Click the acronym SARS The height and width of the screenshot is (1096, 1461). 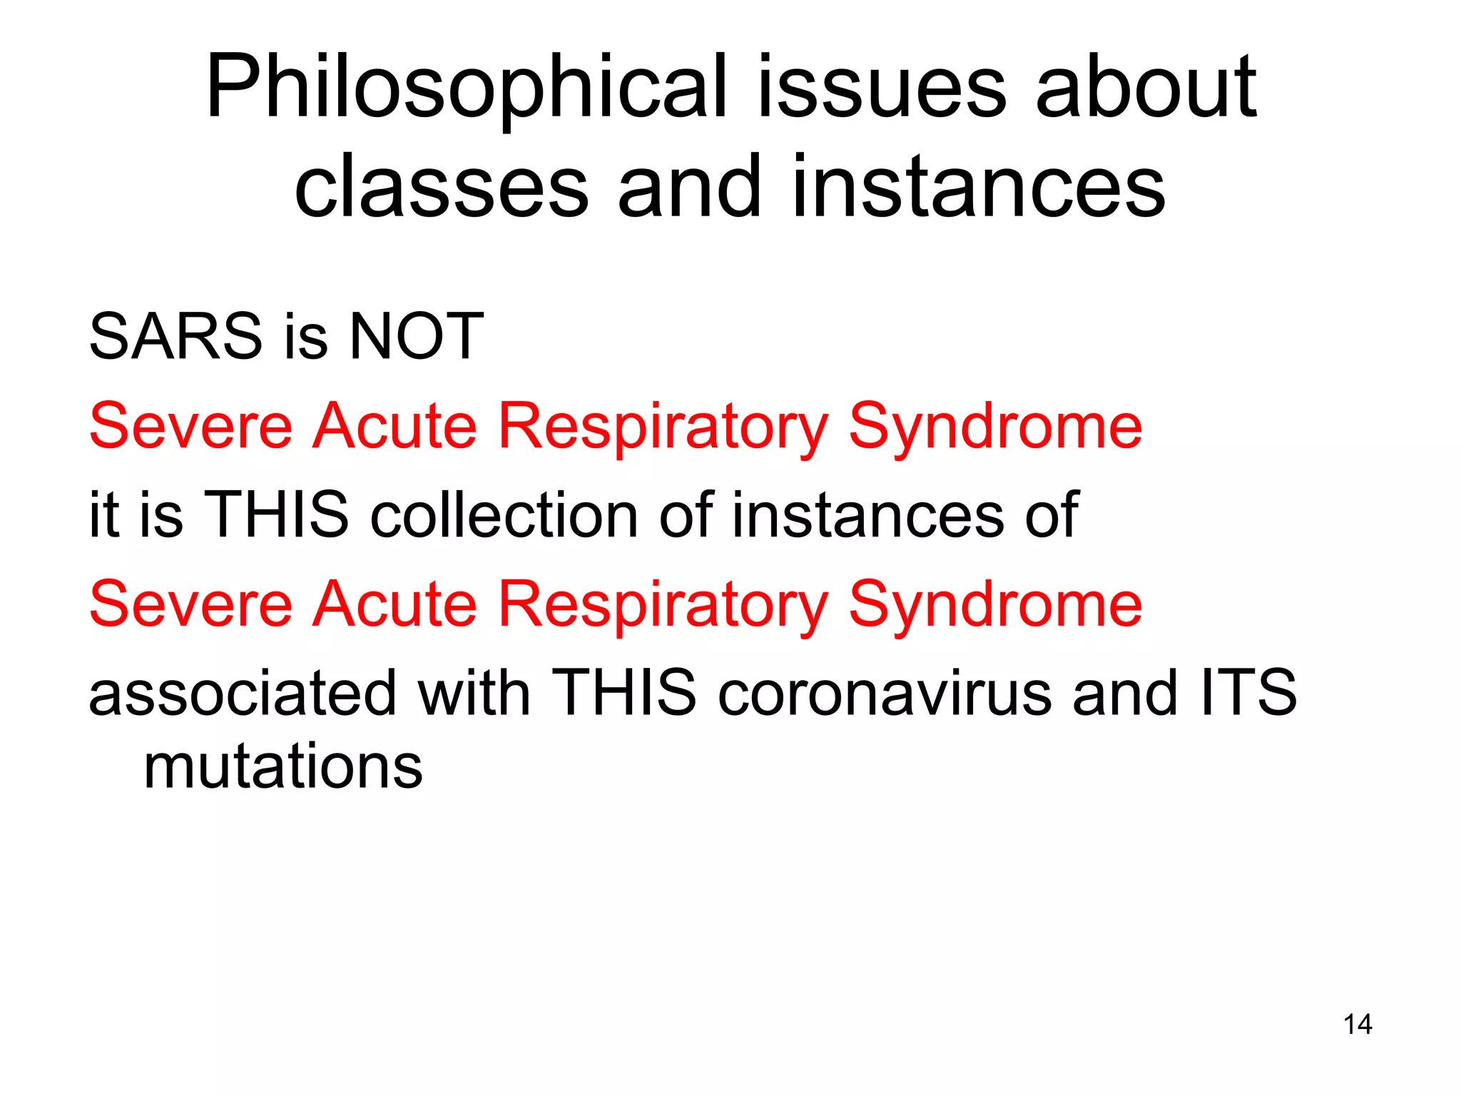click(175, 337)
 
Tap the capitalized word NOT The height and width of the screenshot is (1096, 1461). click(417, 337)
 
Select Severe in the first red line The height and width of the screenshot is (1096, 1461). click(191, 426)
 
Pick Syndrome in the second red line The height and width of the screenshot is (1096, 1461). click(996, 604)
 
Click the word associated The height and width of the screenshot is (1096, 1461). click(243, 694)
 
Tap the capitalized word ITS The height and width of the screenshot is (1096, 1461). click(1248, 694)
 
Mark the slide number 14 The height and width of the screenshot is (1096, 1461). click(1357, 1025)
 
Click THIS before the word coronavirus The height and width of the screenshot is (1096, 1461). click(623, 694)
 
